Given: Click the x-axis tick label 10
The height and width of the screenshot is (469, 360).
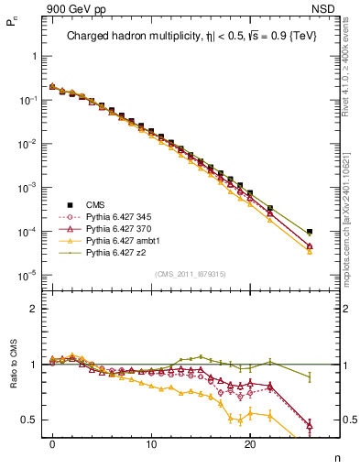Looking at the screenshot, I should [x=151, y=442].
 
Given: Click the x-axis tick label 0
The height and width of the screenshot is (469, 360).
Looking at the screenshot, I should [x=52, y=442].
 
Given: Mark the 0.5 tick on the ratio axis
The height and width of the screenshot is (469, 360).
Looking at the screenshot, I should [x=28, y=420].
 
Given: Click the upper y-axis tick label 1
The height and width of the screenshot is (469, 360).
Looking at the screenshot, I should [x=33, y=56].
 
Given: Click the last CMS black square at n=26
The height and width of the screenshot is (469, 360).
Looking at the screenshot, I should [x=310, y=232].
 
